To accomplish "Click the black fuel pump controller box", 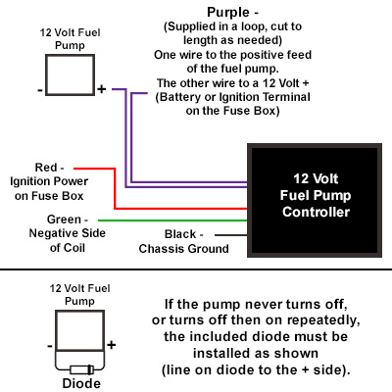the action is tap(315, 200).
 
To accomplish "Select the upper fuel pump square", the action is tap(70, 74).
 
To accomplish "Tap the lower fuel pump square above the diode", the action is tap(79, 330).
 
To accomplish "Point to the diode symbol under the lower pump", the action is tap(81, 369).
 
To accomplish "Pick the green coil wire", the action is tap(172, 220).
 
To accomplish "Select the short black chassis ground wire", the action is tap(231, 235).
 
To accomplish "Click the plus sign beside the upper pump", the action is tap(102, 88).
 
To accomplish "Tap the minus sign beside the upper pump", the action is tap(40, 90).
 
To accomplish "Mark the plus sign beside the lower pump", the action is tap(112, 345).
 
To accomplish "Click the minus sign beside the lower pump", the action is tap(50, 346).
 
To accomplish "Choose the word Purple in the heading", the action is tap(228, 13).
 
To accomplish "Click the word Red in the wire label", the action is tap(46, 168).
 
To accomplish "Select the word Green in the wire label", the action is tap(64, 220).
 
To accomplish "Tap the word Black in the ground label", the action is tap(180, 234).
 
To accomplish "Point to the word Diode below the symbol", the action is tap(81, 383).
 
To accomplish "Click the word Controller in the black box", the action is tap(317, 212).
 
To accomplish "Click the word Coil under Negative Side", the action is tap(75, 248).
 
